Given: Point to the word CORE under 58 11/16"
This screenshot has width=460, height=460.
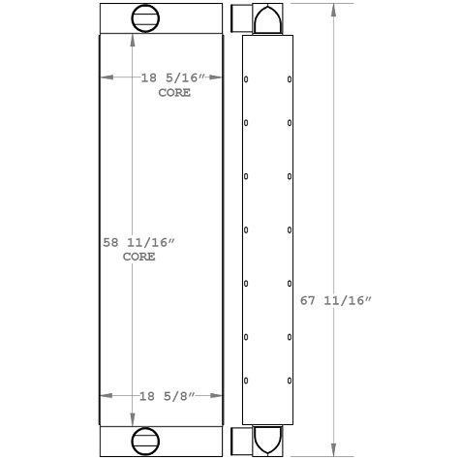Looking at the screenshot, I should click(139, 258).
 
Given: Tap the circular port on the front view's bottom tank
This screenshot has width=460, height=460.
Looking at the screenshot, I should click(144, 440).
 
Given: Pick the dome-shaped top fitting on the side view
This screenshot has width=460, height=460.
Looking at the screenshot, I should click(267, 17).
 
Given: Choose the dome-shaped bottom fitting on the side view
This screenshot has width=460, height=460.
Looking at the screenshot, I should click(267, 440).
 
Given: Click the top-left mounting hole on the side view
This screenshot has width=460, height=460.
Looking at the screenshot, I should click(246, 79).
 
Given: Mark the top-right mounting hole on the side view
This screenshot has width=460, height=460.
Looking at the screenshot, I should click(290, 79).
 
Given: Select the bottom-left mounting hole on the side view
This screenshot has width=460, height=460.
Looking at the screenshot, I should click(246, 380).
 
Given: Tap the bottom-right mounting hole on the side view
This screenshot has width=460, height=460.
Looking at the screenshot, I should click(290, 380).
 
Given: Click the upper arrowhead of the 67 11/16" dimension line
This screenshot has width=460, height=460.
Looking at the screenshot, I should click(335, 8).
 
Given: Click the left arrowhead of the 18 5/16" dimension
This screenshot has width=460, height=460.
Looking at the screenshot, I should click(106, 77).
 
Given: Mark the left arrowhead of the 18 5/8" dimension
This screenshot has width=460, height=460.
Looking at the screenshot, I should click(106, 396).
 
